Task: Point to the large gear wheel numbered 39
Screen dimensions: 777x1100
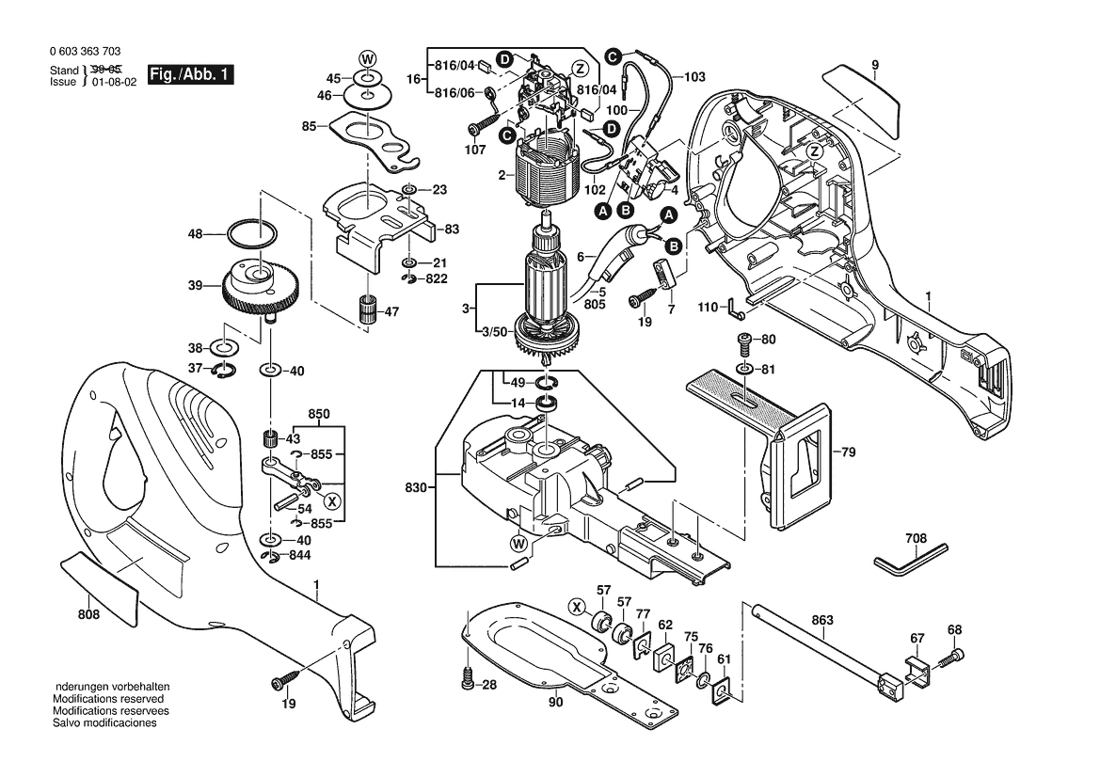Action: pos(258,287)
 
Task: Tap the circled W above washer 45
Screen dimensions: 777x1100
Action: pos(367,57)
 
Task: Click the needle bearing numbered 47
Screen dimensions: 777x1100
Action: pos(364,308)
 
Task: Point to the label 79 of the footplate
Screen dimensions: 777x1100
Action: pos(848,453)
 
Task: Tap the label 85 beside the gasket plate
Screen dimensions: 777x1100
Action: pos(310,126)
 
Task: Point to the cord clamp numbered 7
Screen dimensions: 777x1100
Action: pos(670,275)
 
